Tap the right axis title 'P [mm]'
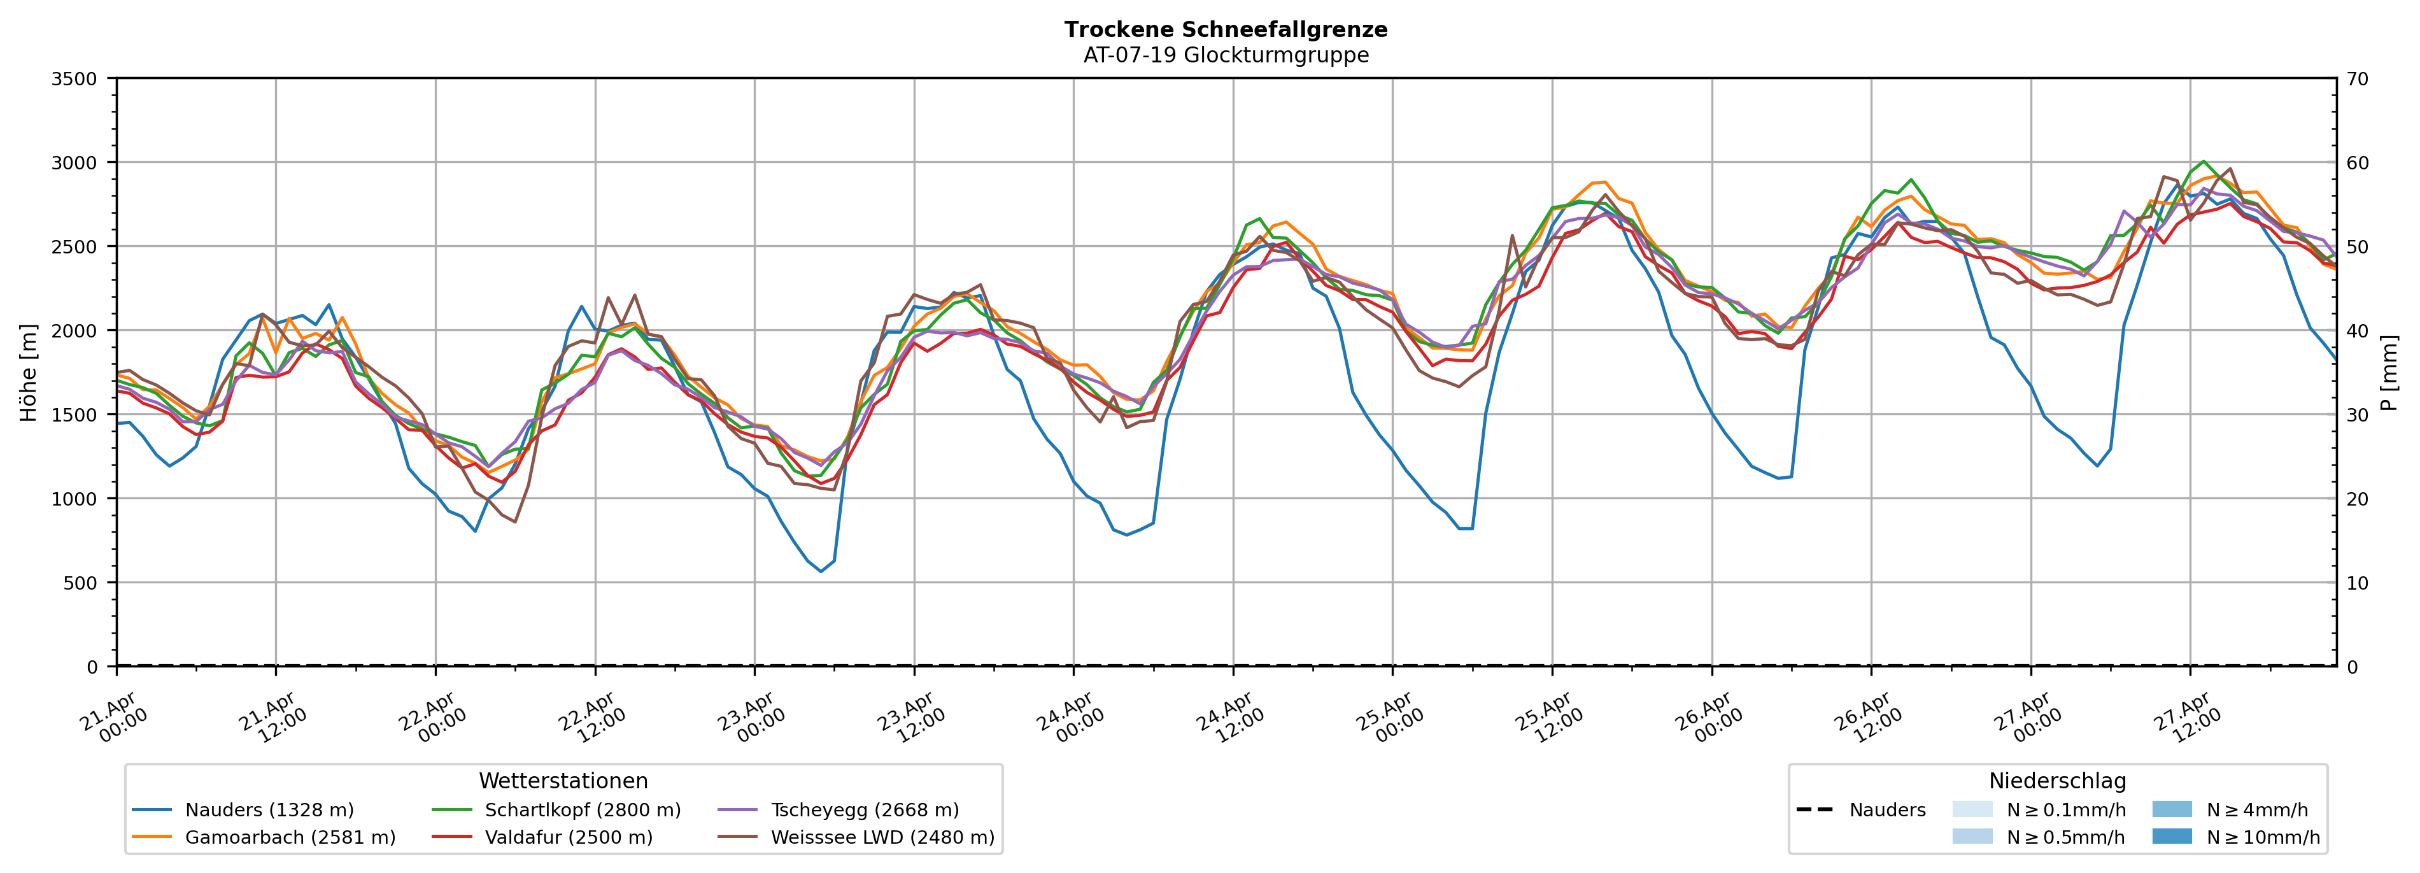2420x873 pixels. click(x=2389, y=372)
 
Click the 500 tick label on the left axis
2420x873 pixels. click(x=80, y=583)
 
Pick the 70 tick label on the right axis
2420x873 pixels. click(x=2357, y=79)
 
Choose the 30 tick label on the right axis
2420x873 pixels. click(x=2357, y=415)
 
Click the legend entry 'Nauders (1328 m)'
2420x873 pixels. click(x=269, y=810)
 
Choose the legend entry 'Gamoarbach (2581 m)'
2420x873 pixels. click(x=289, y=837)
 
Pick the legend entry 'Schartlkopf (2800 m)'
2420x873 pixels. click(x=583, y=810)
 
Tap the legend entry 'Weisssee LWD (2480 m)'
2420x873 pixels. click(x=882, y=837)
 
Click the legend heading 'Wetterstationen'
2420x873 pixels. click(x=563, y=781)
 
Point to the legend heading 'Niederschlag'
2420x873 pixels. click(x=2056, y=781)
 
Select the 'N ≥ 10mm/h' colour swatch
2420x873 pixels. click(x=2171, y=836)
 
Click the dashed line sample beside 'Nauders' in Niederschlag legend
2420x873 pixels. click(x=1814, y=810)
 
